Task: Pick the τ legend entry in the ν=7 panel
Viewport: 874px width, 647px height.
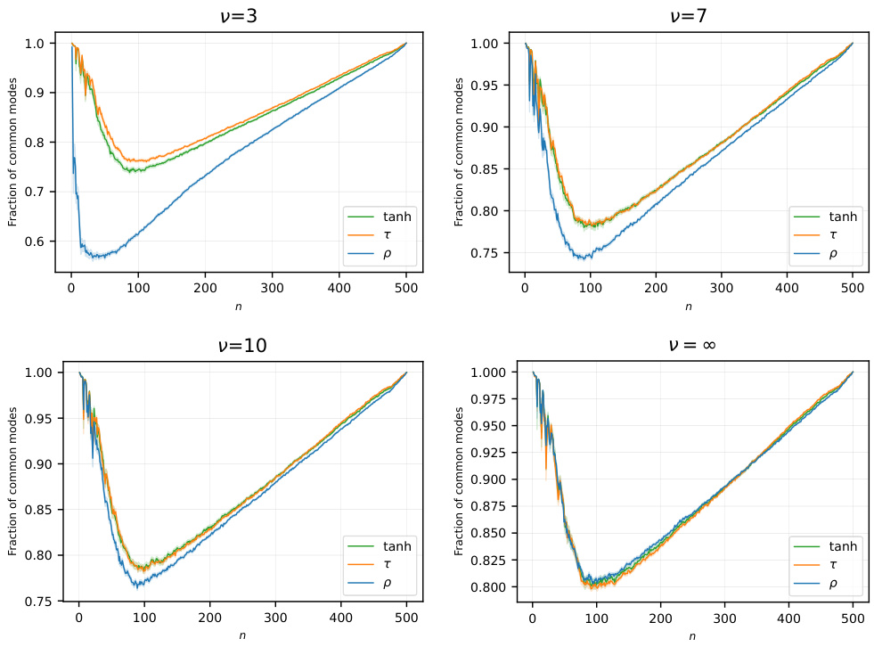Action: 833,235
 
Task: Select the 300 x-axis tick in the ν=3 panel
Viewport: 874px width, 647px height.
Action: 271,288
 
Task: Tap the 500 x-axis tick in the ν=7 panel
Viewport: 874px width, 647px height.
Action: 853,288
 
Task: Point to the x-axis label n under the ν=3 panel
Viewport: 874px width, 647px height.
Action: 238,307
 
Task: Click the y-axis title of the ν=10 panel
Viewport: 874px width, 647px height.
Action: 12,481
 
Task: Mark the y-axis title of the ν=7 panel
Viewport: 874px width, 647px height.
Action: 460,152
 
